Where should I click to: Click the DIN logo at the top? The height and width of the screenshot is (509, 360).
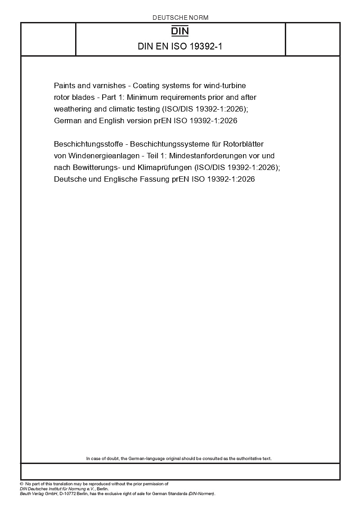click(180, 31)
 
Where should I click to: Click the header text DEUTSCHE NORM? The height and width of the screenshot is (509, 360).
click(180, 18)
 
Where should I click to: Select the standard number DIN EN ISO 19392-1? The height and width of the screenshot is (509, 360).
click(180, 46)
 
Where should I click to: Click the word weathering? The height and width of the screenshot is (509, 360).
click(72, 108)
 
